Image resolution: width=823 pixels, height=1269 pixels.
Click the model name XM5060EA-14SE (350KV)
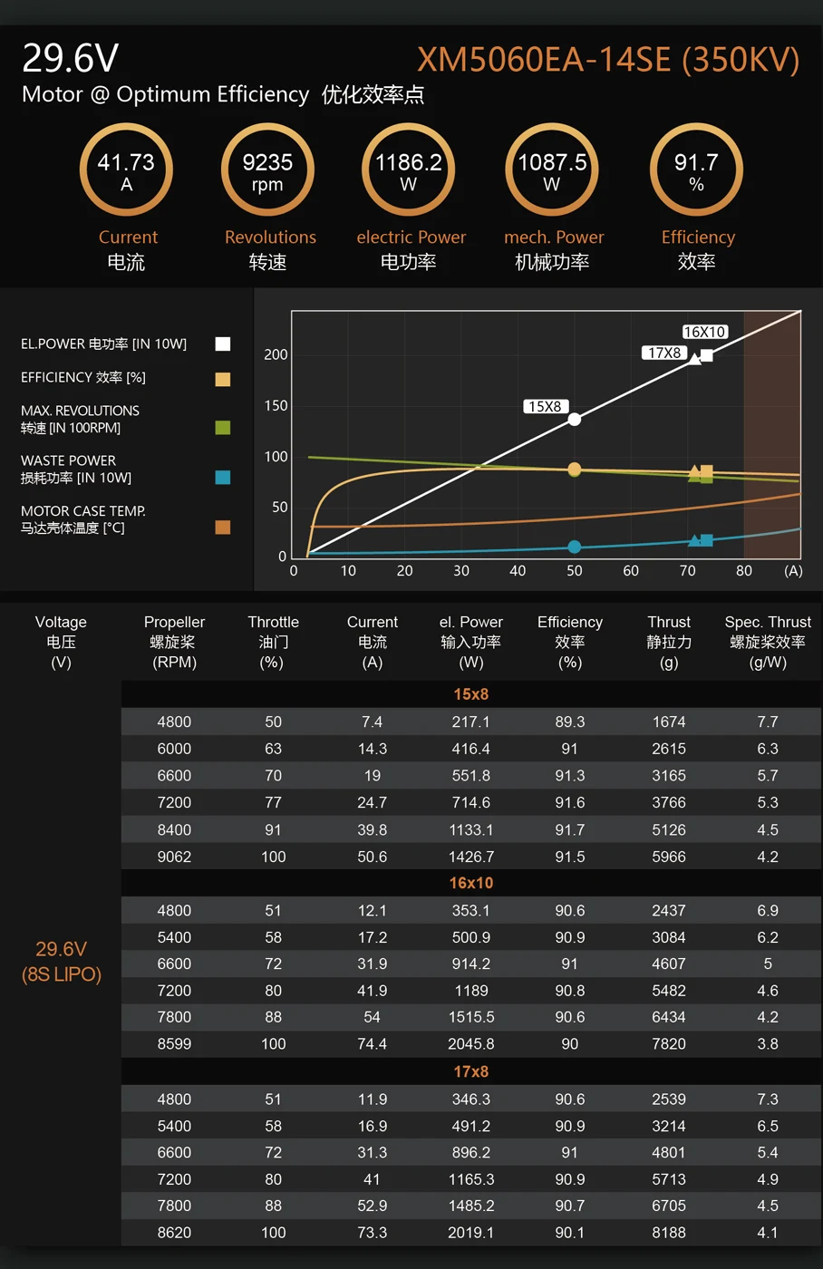(608, 60)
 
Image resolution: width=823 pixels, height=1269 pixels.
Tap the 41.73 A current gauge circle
(126, 170)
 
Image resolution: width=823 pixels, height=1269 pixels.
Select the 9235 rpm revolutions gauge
(267, 170)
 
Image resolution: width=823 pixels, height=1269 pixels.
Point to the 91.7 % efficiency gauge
(696, 170)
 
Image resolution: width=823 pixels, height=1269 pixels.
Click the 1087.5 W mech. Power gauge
(552, 170)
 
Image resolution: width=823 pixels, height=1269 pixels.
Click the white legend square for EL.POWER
(223, 344)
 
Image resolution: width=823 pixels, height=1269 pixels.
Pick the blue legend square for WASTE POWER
(223, 477)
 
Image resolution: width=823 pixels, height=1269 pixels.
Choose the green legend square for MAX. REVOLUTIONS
(223, 427)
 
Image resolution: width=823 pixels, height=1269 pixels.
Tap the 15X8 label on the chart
(545, 406)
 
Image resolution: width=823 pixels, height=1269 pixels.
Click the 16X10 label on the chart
(704, 332)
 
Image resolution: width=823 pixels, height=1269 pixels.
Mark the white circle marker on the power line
(574, 419)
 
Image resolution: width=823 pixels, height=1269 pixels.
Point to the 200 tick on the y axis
(276, 354)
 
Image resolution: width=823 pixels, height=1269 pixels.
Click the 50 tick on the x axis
(574, 571)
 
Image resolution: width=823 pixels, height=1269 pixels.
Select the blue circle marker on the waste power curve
(574, 547)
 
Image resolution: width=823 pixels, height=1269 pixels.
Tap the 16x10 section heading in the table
(470, 883)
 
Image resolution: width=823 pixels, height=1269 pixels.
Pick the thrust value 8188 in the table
(669, 1233)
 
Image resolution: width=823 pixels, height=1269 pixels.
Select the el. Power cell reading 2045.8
(470, 1044)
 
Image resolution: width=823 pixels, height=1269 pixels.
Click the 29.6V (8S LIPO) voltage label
(61, 962)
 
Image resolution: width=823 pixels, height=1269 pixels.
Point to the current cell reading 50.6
(372, 857)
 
